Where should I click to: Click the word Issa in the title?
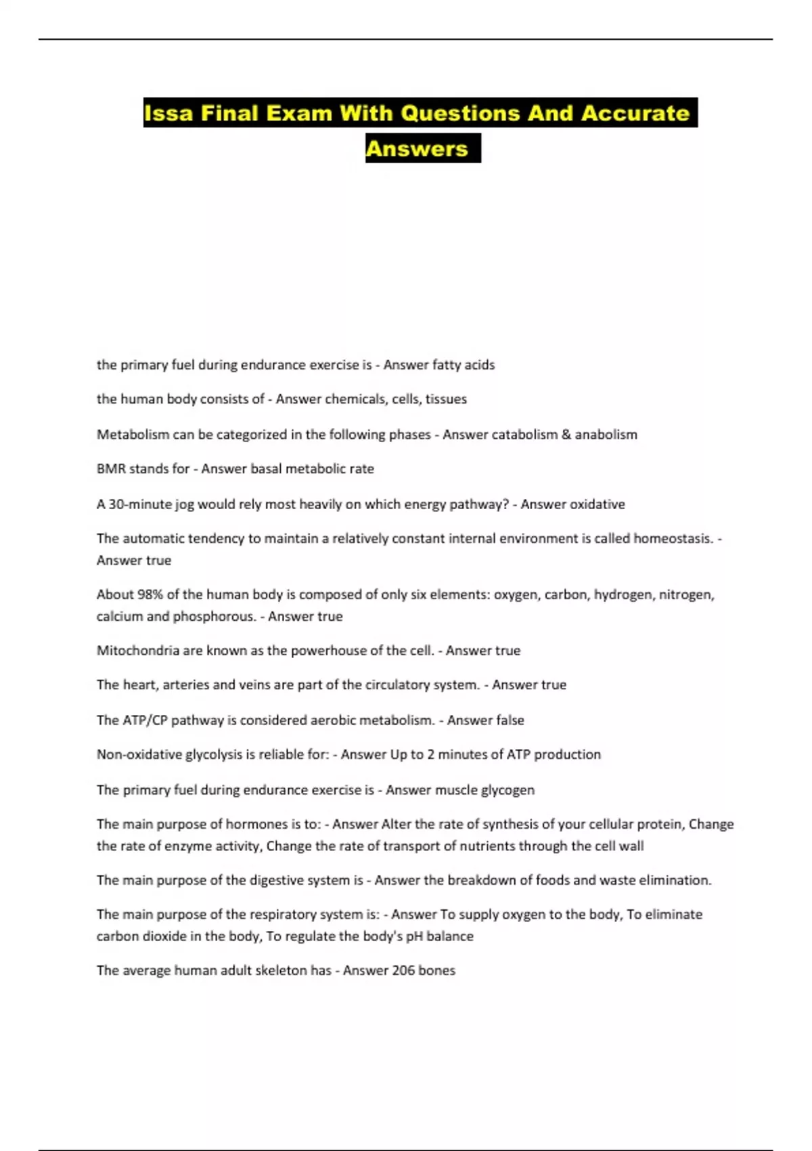click(x=168, y=113)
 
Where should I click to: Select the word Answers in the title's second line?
click(x=417, y=149)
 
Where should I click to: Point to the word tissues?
click(x=446, y=399)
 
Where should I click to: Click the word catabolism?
click(x=524, y=435)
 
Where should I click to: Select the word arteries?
click(x=186, y=685)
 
